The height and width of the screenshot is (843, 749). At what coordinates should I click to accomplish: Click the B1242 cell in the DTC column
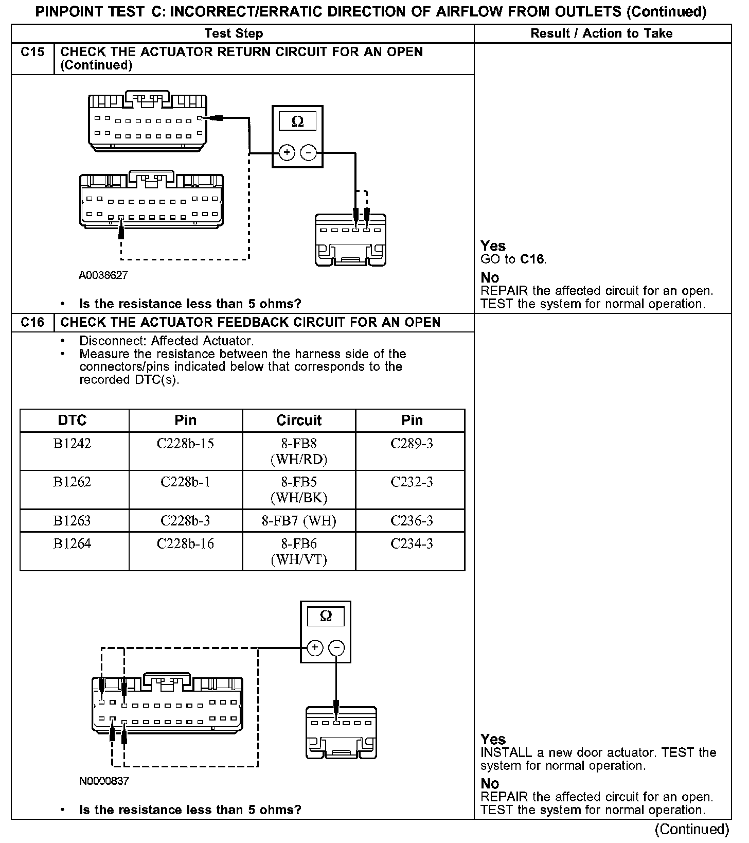click(x=72, y=444)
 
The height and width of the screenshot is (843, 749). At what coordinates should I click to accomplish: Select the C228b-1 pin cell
click(x=185, y=482)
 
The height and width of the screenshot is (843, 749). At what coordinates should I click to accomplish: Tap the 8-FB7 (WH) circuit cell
click(x=299, y=521)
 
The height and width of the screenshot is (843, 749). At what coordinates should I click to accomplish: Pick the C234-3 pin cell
click(x=412, y=544)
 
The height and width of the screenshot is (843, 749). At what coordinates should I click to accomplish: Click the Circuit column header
click(x=299, y=420)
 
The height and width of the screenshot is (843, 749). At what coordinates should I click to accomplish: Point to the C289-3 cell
click(x=412, y=444)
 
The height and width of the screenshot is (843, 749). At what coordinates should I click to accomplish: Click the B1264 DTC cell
click(x=72, y=544)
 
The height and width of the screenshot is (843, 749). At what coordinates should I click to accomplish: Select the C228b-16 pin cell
click(x=185, y=544)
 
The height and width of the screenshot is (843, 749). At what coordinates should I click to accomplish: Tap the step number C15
click(x=32, y=52)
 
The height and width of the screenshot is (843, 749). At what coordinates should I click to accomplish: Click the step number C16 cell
click(x=32, y=323)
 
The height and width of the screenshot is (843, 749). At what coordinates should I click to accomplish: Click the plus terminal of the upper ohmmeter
click(x=287, y=153)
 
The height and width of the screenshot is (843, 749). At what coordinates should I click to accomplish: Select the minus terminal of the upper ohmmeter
click(x=308, y=153)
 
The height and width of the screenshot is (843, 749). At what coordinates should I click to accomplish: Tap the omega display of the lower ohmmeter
click(x=326, y=616)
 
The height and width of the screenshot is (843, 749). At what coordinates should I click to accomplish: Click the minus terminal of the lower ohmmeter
click(x=336, y=647)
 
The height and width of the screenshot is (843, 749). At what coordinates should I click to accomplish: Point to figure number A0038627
click(x=103, y=275)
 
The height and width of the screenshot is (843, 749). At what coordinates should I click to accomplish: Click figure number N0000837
click(x=104, y=781)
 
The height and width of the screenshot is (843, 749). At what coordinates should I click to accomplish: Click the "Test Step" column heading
click(x=234, y=33)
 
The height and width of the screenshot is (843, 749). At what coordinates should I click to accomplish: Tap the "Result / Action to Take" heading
click(x=601, y=33)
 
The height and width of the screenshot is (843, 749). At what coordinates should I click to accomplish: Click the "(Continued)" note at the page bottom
click(x=691, y=829)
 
